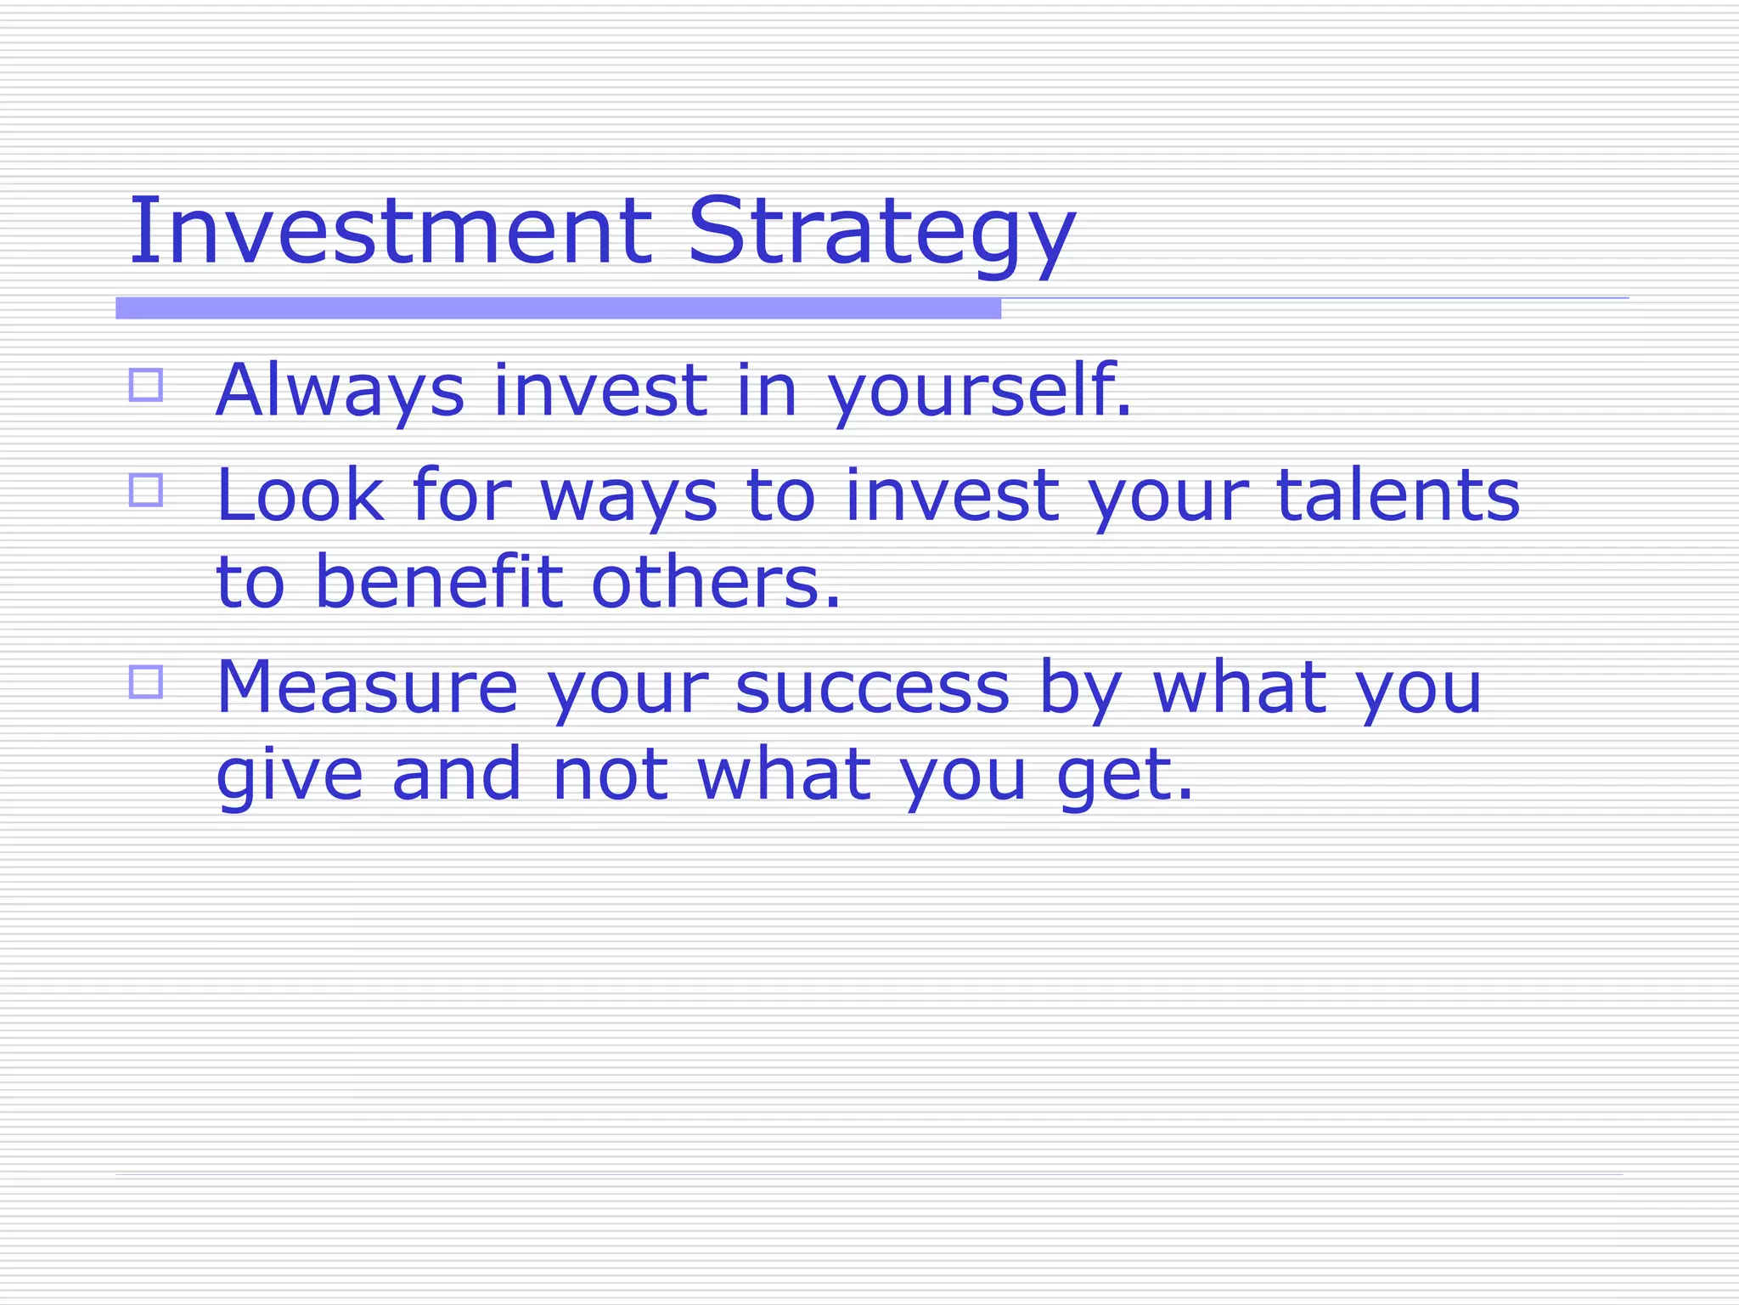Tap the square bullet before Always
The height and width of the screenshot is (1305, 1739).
tap(146, 385)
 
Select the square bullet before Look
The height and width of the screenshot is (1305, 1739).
tap(146, 490)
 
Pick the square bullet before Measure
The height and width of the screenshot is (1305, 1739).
tap(146, 682)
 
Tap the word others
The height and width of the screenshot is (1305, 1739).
tap(715, 583)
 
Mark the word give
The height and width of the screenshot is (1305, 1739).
tap(290, 775)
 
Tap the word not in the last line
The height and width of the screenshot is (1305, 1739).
tap(609, 775)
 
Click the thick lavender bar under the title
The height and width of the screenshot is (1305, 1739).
tap(558, 308)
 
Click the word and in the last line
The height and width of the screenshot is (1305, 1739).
tap(456, 775)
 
